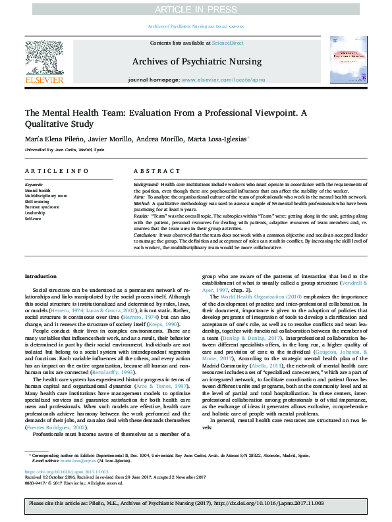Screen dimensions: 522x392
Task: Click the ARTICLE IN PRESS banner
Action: click(x=196, y=9)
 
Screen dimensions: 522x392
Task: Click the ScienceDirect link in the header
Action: click(x=227, y=43)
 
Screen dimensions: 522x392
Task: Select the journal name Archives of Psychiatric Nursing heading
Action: click(x=196, y=62)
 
